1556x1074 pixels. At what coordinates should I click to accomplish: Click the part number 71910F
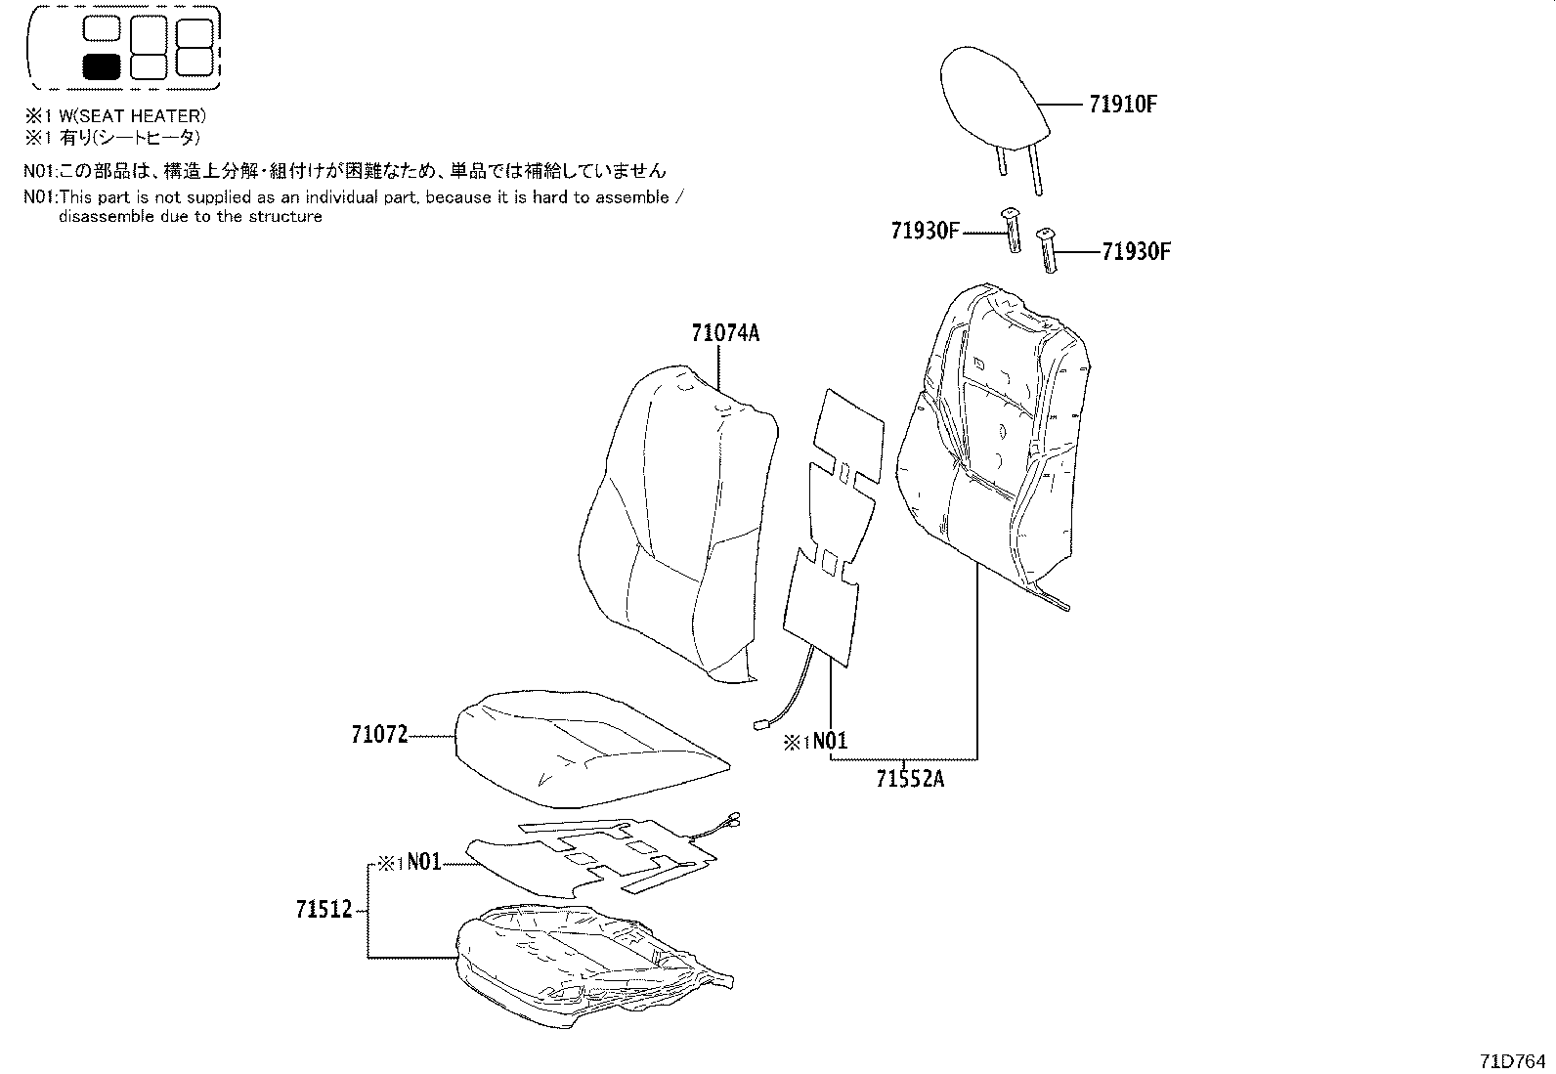[x=1122, y=104]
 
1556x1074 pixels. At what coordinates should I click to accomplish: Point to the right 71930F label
[x=1136, y=251]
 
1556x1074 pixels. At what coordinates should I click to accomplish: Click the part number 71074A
[x=725, y=333]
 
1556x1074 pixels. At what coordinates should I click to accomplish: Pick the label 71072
[x=379, y=735]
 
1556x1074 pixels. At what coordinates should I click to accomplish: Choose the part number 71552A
[x=910, y=779]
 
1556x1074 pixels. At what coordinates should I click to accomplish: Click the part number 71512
[x=324, y=910]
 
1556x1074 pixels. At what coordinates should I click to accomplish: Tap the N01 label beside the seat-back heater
[x=830, y=741]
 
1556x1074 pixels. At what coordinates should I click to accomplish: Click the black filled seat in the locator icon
[x=102, y=66]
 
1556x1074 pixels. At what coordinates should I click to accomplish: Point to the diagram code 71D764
[x=1513, y=1060]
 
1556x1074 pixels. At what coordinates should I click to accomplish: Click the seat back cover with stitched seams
[x=997, y=440]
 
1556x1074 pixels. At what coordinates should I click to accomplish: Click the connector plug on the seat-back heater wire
[x=760, y=725]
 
